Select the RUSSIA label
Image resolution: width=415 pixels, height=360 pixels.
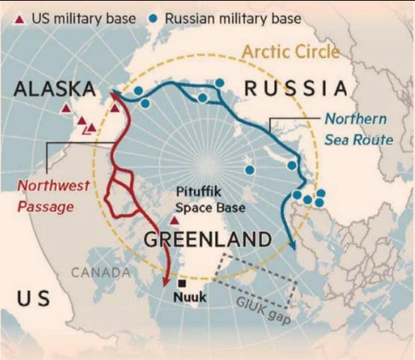coord(296,88)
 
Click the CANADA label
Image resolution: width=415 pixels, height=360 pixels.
coord(99,272)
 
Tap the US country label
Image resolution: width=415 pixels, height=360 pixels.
coord(31,298)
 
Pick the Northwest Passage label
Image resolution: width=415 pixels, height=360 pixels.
coord(54,193)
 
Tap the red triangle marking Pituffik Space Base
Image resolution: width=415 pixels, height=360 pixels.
coord(175,219)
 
